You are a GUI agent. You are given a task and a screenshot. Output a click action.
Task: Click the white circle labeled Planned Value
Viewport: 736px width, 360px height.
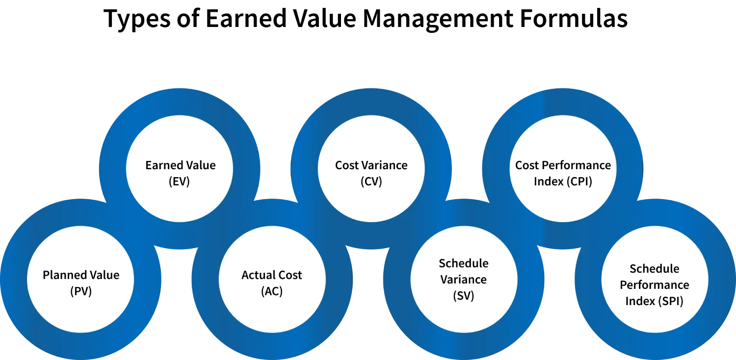click(81, 280)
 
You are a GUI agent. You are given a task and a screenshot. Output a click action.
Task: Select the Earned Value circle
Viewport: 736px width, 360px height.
click(180, 169)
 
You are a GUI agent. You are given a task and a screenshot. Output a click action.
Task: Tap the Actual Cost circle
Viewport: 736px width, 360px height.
click(272, 280)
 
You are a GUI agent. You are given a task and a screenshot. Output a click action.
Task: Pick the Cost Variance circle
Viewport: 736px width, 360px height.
click(371, 169)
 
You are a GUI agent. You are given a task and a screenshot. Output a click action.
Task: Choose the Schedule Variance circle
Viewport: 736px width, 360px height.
click(464, 280)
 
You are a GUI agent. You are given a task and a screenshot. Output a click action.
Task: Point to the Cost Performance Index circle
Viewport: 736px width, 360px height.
click(563, 169)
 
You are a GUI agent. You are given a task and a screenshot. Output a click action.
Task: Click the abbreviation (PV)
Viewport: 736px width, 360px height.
click(81, 291)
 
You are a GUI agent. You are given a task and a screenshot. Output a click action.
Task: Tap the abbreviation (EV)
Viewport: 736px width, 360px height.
click(180, 181)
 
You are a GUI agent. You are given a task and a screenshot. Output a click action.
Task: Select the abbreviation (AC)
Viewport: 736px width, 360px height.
click(272, 291)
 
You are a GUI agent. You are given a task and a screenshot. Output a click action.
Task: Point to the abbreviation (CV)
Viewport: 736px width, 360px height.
click(371, 181)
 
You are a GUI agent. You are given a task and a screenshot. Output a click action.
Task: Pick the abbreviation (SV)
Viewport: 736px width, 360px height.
click(464, 296)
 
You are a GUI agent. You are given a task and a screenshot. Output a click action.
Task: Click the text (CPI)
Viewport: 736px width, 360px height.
click(579, 181)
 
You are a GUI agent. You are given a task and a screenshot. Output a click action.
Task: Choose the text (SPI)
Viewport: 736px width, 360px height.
click(671, 301)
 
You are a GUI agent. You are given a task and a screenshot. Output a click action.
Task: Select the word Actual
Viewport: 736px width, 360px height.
click(258, 275)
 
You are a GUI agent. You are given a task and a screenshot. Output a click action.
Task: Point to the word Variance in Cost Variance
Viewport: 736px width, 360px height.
click(386, 165)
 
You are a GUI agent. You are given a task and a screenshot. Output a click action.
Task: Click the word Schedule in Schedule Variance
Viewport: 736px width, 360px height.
click(464, 263)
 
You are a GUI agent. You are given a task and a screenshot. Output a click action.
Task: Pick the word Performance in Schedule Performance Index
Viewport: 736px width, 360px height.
click(655, 285)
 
